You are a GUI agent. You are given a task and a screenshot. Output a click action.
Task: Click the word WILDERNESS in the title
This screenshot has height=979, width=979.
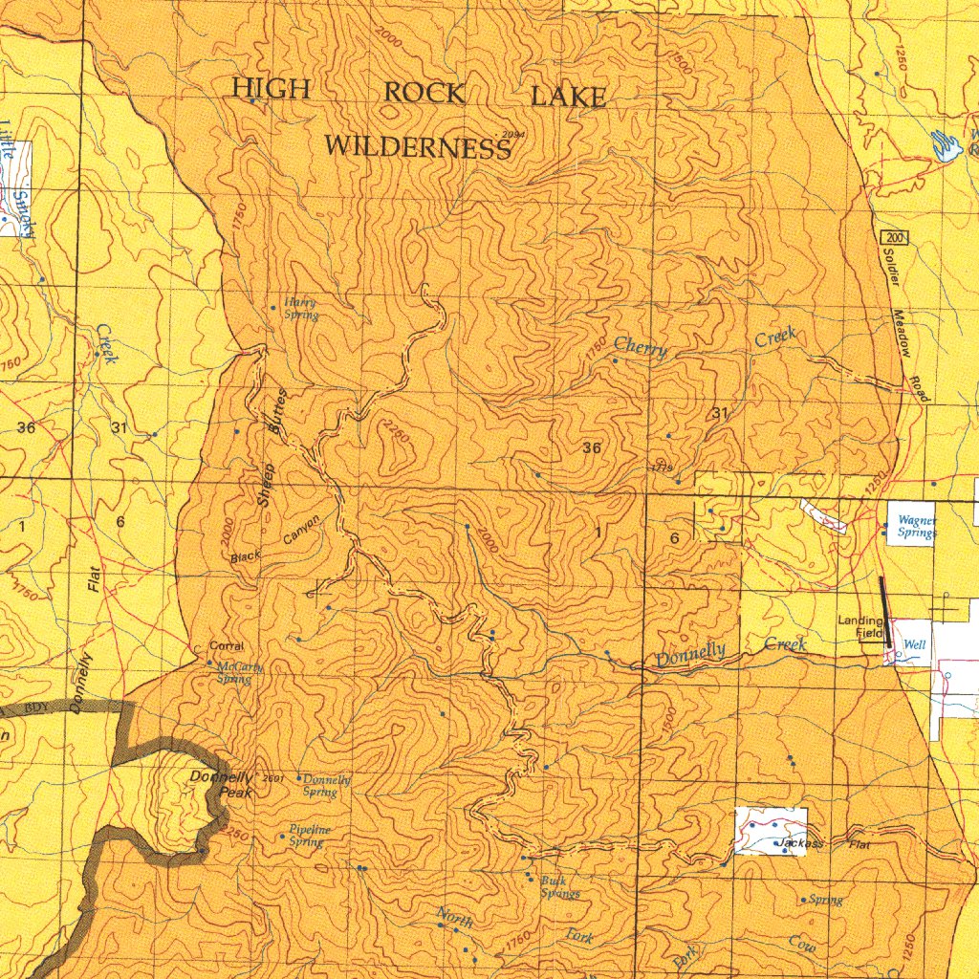point(417,147)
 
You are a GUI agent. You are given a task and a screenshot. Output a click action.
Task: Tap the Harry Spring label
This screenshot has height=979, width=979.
point(299,308)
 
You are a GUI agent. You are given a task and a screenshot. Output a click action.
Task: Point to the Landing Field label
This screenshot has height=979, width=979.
point(860,626)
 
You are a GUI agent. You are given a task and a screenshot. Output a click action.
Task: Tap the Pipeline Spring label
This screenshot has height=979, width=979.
point(310,836)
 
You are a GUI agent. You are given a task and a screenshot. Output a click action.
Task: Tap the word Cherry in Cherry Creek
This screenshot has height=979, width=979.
point(641,349)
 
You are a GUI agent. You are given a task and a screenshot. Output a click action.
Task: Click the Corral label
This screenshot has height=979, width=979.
point(227,646)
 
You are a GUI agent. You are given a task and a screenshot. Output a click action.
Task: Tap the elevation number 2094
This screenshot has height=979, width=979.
point(514,135)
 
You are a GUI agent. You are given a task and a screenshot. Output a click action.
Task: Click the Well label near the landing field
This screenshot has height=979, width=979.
point(915,645)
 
